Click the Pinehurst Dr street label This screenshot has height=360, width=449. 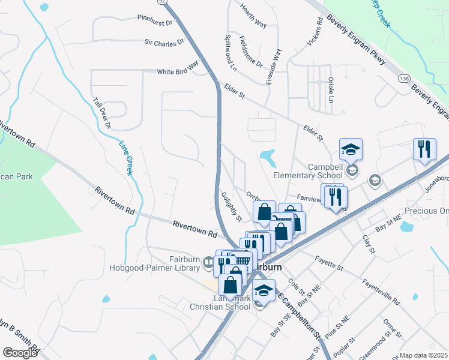[x=155, y=20]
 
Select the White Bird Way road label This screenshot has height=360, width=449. [x=177, y=71]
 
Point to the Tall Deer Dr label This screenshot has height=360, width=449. [x=101, y=113]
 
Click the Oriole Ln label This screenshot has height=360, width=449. [x=331, y=90]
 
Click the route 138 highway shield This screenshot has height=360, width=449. [x=403, y=79]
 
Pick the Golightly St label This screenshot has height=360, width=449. [x=231, y=206]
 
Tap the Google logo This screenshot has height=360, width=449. [x=20, y=353]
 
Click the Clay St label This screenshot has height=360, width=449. [x=368, y=244]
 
